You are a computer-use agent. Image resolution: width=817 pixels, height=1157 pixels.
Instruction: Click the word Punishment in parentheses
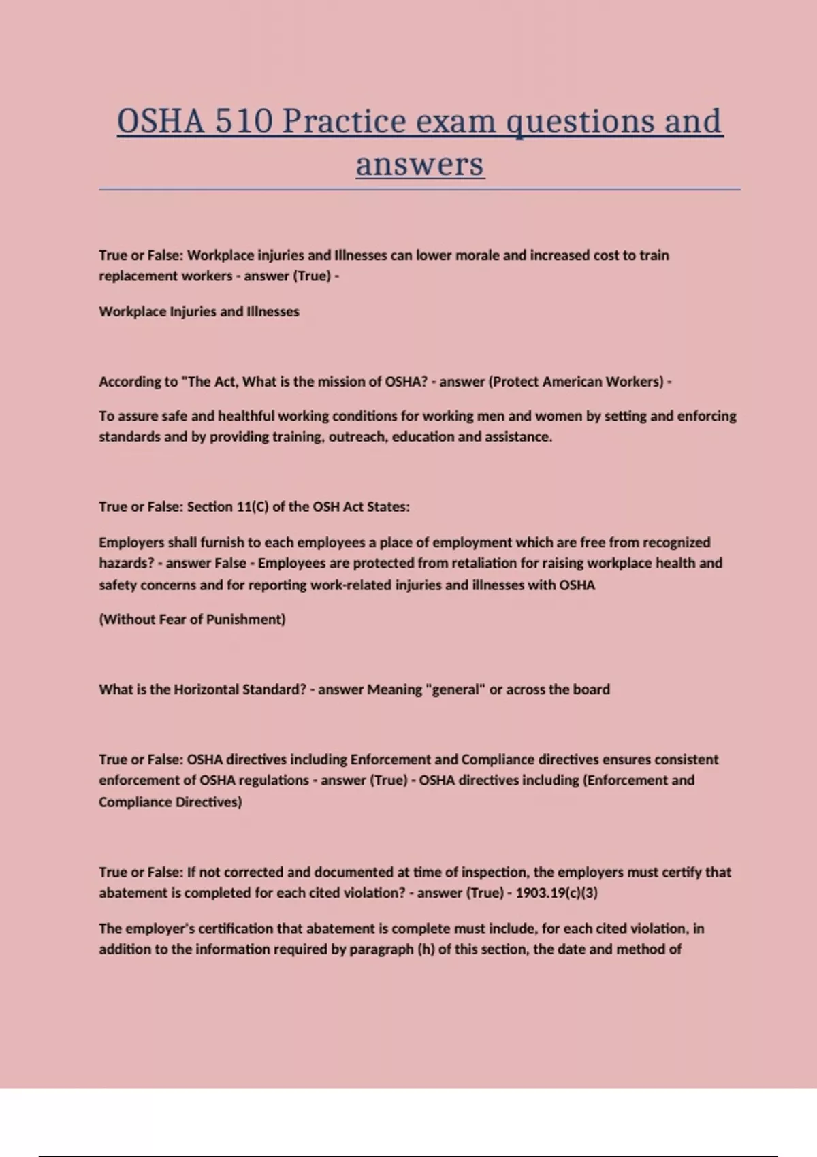(246, 619)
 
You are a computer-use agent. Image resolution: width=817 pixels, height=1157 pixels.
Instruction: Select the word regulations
(274, 781)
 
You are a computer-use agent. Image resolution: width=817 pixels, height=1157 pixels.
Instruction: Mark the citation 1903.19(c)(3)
(557, 893)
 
